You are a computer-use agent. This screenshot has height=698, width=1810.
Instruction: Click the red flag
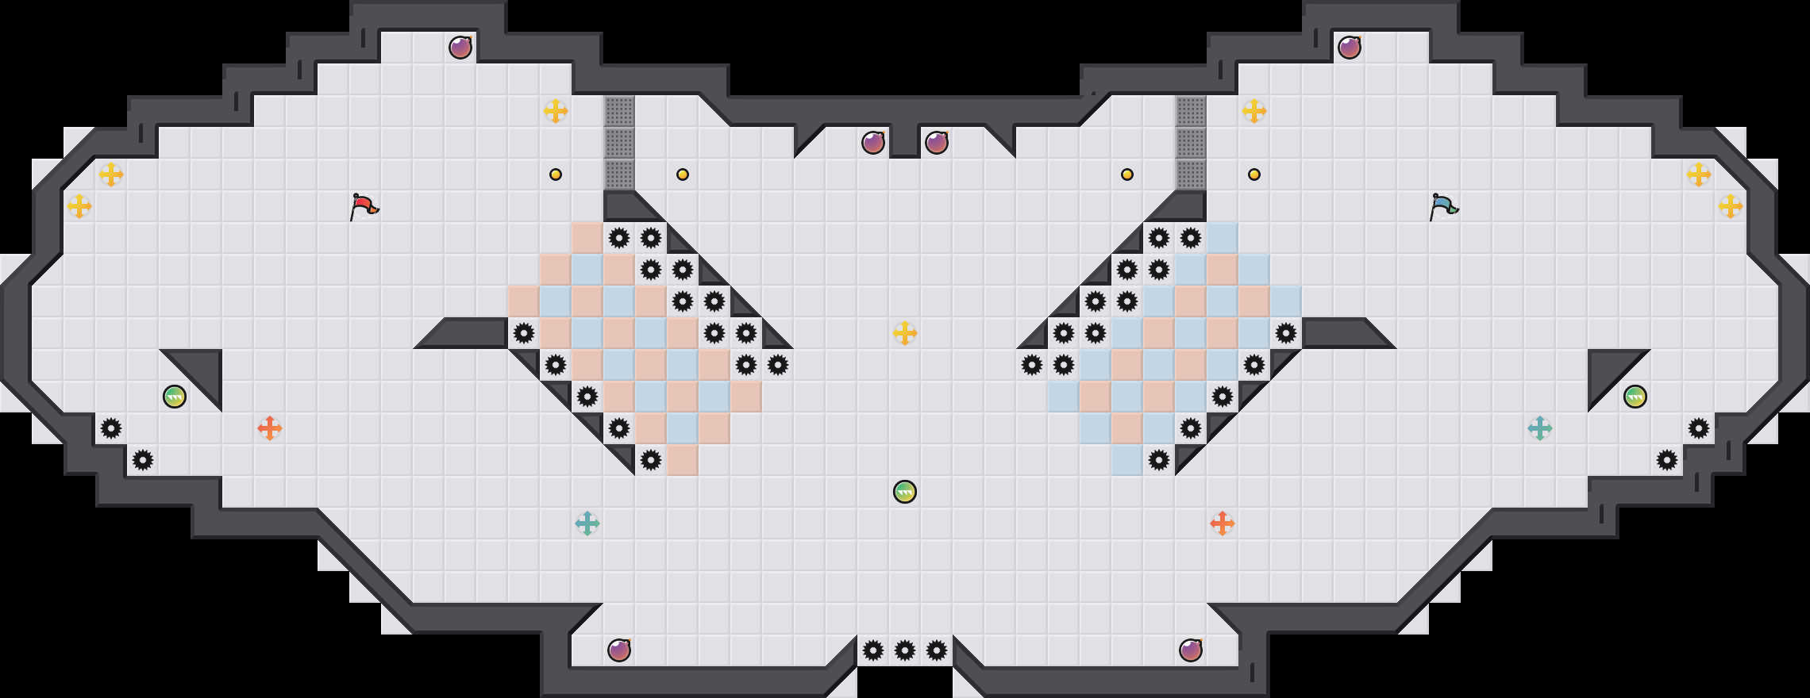click(364, 206)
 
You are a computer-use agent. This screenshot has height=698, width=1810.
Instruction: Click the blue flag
click(1443, 206)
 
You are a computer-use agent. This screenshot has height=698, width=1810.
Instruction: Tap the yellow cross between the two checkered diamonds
click(905, 333)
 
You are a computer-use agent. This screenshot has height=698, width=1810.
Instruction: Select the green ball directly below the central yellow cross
click(905, 492)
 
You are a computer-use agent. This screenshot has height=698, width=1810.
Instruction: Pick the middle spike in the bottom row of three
click(905, 650)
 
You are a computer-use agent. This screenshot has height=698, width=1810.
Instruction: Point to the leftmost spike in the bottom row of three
click(873, 650)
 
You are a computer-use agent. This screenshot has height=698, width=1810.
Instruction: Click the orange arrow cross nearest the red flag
click(270, 428)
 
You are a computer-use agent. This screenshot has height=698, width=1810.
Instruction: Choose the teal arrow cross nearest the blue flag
click(1540, 428)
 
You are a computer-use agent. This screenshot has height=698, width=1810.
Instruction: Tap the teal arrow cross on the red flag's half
click(587, 523)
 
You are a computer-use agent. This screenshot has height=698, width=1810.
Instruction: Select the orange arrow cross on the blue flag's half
click(1223, 523)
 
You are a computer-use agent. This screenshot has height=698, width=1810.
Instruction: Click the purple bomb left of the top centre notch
click(873, 143)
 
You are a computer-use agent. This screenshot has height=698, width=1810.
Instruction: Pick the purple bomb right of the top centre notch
click(937, 143)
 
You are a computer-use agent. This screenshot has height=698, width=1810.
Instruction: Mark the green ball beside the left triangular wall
click(175, 397)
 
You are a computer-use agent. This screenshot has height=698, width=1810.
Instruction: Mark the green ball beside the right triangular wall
click(1635, 397)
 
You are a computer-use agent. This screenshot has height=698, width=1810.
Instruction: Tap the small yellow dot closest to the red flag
click(556, 174)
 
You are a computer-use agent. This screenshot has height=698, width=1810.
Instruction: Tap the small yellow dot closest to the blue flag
click(1254, 174)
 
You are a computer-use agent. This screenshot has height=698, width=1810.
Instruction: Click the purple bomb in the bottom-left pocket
click(619, 650)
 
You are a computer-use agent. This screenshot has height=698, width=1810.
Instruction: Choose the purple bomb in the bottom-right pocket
click(1191, 650)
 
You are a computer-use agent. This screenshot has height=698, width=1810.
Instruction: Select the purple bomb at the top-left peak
click(460, 48)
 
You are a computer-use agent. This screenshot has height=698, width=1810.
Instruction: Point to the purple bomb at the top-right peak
click(1350, 48)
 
